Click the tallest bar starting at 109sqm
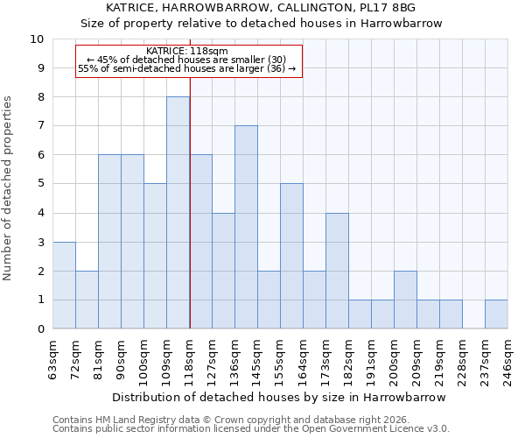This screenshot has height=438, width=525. point(178,213)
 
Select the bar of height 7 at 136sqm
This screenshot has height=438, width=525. point(246,228)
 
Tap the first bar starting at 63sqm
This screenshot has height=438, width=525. point(64,286)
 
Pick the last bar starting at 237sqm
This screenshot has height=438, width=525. point(496,314)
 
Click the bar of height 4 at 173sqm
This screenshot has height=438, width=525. point(337,271)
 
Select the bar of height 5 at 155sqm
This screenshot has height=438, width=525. point(291,257)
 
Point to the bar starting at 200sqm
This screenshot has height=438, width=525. point(405,300)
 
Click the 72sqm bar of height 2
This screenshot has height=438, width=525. point(87,300)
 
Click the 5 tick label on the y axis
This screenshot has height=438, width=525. point(40,184)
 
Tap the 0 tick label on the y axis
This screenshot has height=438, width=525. point(40,329)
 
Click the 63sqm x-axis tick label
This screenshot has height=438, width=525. point(53,357)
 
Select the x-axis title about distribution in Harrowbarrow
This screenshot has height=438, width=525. point(279,397)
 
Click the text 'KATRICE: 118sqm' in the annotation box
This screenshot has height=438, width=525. point(187,51)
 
